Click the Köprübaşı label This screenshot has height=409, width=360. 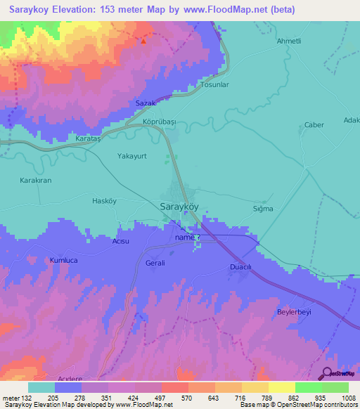tap(158, 122)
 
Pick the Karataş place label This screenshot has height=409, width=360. tap(89, 139)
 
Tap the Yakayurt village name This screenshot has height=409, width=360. tap(131, 157)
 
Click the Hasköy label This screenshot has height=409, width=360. tap(103, 201)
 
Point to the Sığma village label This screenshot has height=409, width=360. tap(262, 209)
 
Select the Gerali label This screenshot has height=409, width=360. tap(155, 263)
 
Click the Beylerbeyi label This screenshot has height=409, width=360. tap(294, 311)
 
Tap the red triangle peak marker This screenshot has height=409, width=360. tap(143, 41)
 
